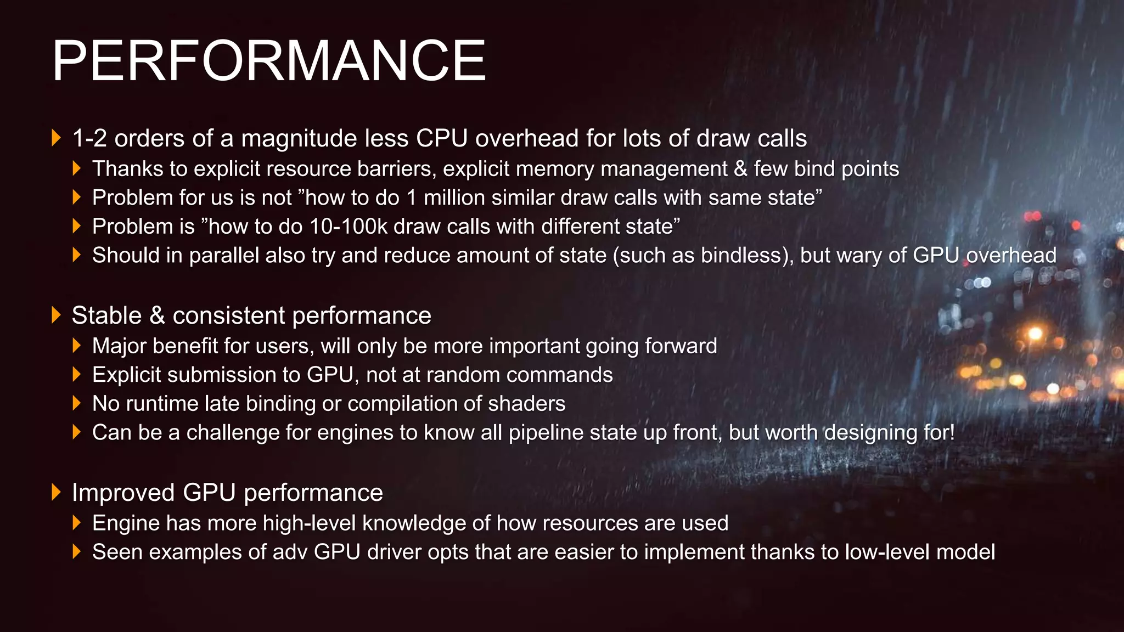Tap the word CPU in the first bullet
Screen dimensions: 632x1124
[442, 138]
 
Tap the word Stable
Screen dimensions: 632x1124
[106, 315]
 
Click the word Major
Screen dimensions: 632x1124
[120, 346]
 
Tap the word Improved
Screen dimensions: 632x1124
[123, 493]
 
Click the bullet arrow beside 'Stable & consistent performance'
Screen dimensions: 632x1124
[55, 315]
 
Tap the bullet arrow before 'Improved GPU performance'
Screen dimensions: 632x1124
[55, 492]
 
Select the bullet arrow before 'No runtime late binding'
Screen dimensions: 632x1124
[76, 404]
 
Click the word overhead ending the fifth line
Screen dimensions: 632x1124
[1011, 256]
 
